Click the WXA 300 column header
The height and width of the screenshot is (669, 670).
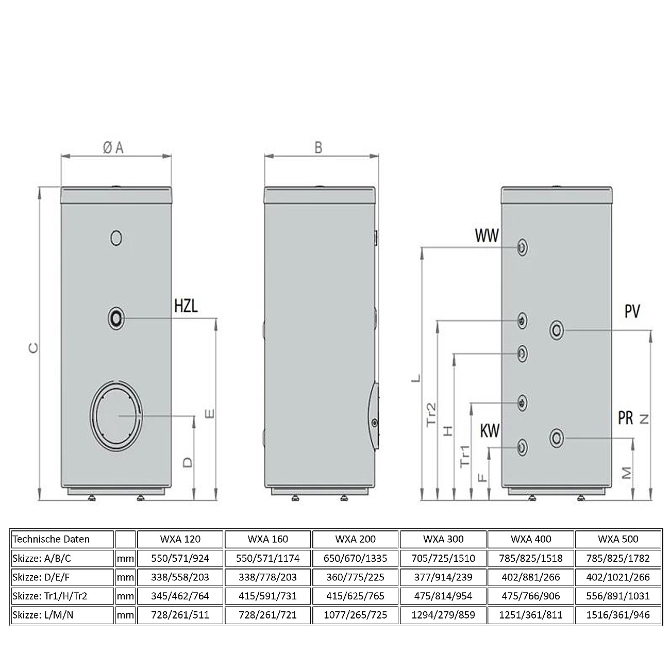point(443,539)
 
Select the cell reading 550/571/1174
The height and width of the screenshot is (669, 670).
point(267,558)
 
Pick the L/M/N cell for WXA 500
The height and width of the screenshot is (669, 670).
point(618,615)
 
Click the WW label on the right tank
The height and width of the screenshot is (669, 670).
point(487,236)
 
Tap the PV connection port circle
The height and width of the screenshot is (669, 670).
point(557,330)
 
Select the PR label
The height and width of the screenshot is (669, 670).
point(625,418)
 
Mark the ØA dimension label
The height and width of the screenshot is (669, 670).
point(113,148)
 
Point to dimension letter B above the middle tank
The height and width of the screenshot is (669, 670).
point(318,148)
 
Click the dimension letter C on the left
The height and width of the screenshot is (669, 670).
point(32,348)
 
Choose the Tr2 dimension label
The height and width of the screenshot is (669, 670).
point(431,414)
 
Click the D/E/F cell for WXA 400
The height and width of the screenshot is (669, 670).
point(531,577)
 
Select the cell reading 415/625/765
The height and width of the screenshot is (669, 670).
point(355,596)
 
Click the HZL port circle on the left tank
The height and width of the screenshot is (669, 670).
point(116,318)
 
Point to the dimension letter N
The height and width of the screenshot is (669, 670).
point(644,419)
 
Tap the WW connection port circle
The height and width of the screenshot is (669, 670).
point(523,247)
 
